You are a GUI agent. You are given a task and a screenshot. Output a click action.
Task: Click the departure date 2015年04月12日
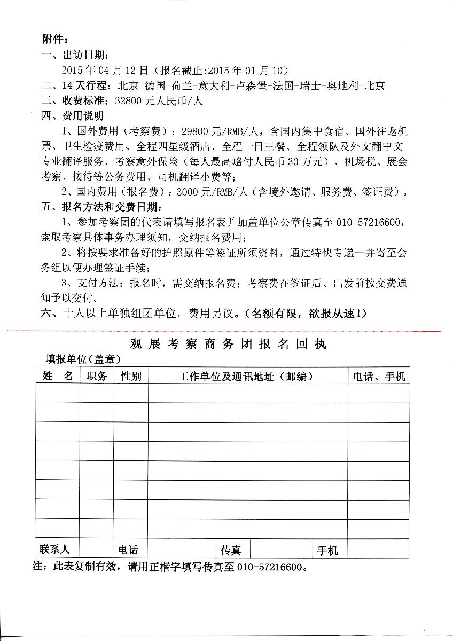coord(104,70)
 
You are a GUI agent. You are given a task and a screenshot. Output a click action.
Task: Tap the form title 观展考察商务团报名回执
coord(228,343)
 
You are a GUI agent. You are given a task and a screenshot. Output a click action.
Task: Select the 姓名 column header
coord(58,376)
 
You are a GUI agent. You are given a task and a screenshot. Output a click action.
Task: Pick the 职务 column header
coord(97,376)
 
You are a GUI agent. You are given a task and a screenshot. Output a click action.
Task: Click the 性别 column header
coord(131,376)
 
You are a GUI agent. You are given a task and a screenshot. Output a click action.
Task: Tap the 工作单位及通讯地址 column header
coord(246,376)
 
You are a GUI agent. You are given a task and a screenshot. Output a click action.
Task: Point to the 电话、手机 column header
coord(379,376)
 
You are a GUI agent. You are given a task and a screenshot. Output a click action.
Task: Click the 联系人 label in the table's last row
coord(54,549)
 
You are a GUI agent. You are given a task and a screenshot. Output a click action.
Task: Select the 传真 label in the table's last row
coord(231,550)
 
